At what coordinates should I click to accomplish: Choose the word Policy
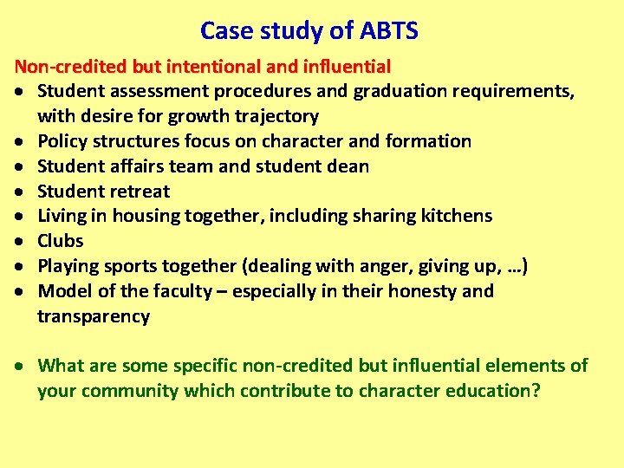62,141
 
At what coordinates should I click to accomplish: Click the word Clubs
61,241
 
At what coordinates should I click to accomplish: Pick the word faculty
182,291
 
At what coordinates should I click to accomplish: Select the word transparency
94,316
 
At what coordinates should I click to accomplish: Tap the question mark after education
536,390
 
